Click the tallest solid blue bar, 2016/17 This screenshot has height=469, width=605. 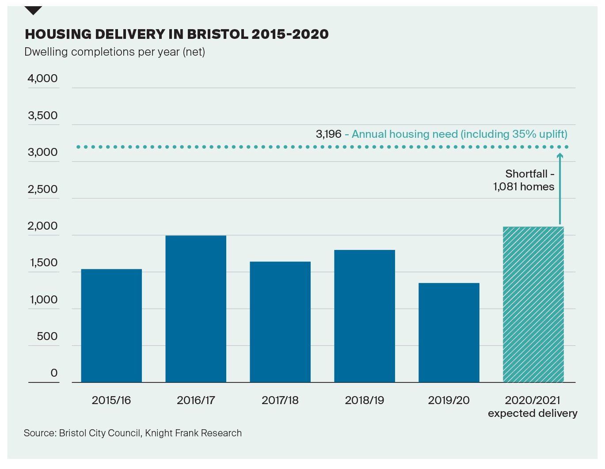pos(196,309)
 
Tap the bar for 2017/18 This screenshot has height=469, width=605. pos(280,322)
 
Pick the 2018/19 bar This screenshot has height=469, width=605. pos(365,316)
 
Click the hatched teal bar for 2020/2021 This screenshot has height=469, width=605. pos(533,304)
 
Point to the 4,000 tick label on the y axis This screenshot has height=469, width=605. pos(43,79)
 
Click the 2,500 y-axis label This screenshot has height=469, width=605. pos(43,189)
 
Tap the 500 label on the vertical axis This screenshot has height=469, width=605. pos(47,337)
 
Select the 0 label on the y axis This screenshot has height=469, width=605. pos(54,373)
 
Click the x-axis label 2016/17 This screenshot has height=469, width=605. pos(196,401)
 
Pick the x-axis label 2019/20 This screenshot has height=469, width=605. pos(449,401)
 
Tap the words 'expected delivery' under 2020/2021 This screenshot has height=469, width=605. pos(533,413)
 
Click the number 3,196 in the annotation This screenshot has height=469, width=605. pos(328,134)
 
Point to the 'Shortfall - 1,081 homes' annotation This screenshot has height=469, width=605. pos(524,180)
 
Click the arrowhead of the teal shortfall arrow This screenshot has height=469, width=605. pos(559,155)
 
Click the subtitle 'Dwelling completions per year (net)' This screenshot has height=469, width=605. pos(115,52)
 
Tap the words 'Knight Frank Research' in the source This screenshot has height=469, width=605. pos(193,433)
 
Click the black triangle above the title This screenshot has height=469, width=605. pos(33,10)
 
